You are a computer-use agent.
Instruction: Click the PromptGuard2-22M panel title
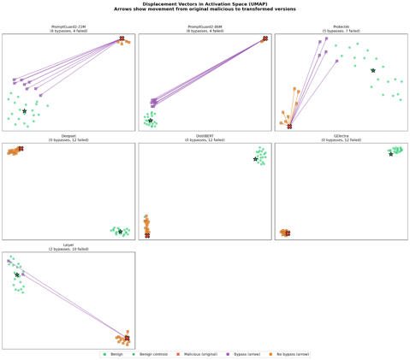tap(68, 27)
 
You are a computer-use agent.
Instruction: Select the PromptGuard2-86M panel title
tap(205, 27)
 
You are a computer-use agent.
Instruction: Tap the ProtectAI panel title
tap(341, 27)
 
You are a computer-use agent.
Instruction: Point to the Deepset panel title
tap(68, 135)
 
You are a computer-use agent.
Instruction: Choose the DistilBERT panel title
tap(205, 135)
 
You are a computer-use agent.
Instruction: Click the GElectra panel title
tap(341, 135)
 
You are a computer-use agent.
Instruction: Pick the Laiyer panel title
tap(68, 244)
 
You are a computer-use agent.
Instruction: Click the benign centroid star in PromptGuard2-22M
tap(25, 111)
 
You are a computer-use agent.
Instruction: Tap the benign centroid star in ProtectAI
tap(372, 71)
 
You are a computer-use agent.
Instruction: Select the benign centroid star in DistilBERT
tap(255, 159)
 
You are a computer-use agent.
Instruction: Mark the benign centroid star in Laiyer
tap(16, 274)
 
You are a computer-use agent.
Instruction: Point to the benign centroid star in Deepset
tap(120, 231)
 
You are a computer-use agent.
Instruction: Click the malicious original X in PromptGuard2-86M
tap(266, 38)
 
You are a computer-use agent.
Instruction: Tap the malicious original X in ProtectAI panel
tap(289, 127)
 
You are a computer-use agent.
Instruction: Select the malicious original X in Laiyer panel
tap(127, 338)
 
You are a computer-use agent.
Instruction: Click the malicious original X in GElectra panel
tap(288, 233)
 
